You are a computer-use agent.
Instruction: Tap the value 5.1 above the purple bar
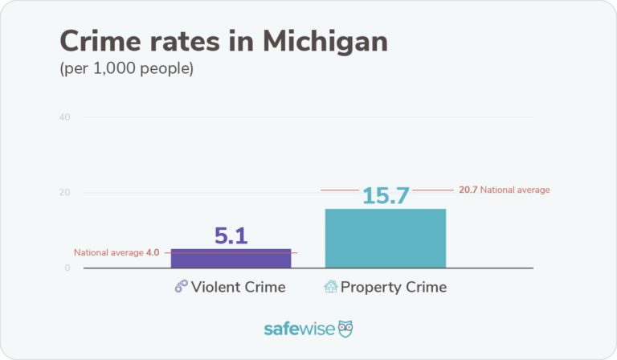(x=231, y=235)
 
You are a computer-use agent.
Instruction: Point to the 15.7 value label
(x=386, y=195)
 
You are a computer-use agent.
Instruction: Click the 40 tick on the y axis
(x=64, y=117)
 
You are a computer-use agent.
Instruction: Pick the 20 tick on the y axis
(x=64, y=193)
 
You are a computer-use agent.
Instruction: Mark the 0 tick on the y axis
(x=67, y=268)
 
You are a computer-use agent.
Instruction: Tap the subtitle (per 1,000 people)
(x=127, y=69)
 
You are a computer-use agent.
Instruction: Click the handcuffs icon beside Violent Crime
(x=181, y=287)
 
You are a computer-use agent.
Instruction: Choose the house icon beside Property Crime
(x=330, y=287)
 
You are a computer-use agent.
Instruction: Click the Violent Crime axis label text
(x=238, y=287)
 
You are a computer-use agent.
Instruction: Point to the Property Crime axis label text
(x=394, y=287)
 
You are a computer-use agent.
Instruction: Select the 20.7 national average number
(x=468, y=190)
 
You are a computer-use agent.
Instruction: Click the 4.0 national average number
(x=153, y=252)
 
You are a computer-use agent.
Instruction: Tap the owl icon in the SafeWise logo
(x=345, y=329)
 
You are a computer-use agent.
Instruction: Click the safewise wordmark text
(x=300, y=329)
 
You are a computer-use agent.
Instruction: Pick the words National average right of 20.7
(x=515, y=190)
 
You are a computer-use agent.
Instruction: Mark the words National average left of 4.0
(x=108, y=252)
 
